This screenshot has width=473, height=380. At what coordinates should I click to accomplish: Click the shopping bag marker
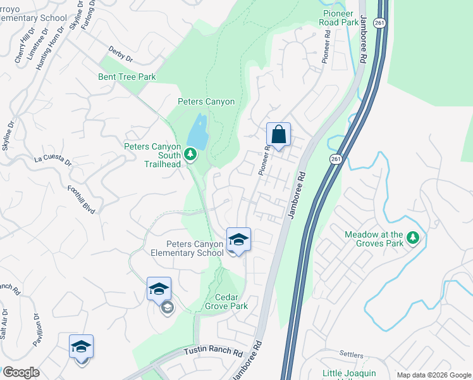(x=278, y=135)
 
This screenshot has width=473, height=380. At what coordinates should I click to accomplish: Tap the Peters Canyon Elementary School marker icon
(x=238, y=240)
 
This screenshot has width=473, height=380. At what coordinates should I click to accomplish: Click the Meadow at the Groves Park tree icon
(x=413, y=238)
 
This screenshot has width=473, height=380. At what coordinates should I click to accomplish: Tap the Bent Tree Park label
(x=126, y=77)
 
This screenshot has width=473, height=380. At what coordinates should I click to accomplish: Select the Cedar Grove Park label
(x=226, y=301)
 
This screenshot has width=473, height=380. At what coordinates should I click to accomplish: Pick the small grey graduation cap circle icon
(x=168, y=308)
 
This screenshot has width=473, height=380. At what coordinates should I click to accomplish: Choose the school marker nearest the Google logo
(x=81, y=347)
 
